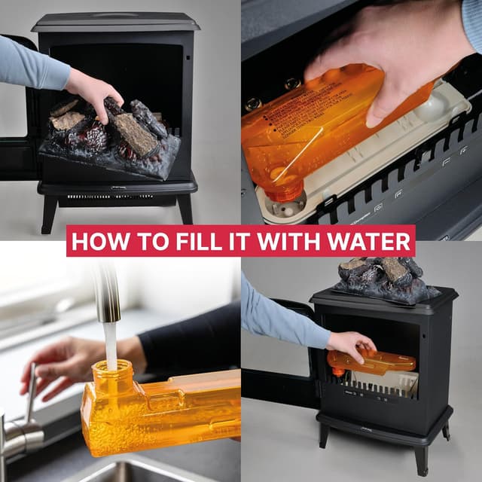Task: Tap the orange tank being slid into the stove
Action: pos(373,363)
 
